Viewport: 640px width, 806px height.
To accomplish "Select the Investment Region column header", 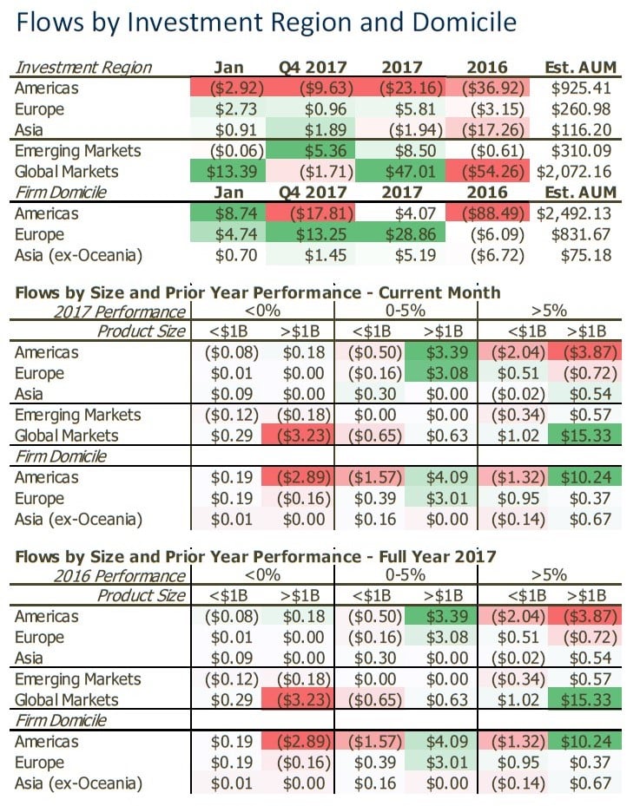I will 83,68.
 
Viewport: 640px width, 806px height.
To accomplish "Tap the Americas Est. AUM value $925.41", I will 584,88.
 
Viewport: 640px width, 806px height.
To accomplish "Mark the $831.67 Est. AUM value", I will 584,234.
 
